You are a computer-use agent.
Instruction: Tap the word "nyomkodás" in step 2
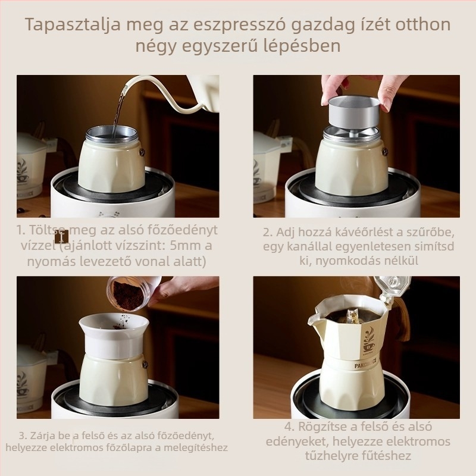pos(346,260)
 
